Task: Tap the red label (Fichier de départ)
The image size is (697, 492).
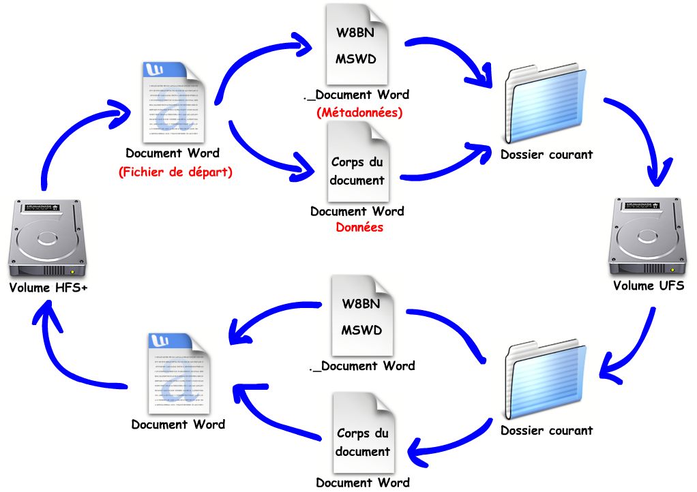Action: pyautogui.click(x=175, y=172)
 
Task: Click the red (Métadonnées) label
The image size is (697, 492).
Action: pyautogui.click(x=359, y=112)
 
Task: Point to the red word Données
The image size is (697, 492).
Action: pyautogui.click(x=359, y=228)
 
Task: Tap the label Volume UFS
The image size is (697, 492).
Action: pyautogui.click(x=648, y=286)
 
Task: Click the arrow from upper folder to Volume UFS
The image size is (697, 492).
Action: pyautogui.click(x=641, y=136)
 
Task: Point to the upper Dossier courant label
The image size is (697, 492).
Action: pyautogui.click(x=546, y=155)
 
